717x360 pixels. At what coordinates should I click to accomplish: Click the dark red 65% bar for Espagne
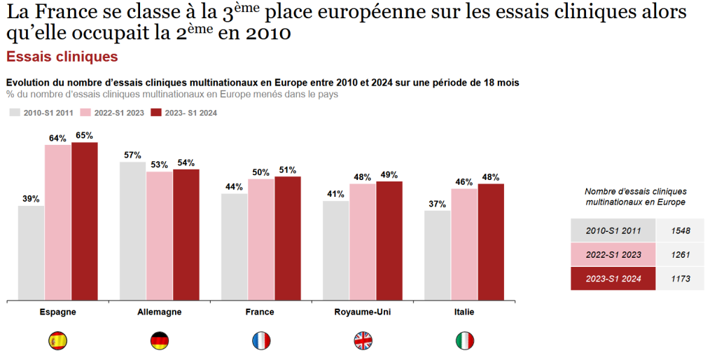(85, 221)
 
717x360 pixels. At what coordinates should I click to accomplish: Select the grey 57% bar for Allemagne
(133, 231)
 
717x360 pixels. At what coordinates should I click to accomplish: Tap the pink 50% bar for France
(261, 239)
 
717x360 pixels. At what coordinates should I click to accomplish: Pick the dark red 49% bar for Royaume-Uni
(389, 240)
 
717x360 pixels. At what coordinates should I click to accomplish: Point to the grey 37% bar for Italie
(438, 255)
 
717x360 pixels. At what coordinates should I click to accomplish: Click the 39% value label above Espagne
(31, 199)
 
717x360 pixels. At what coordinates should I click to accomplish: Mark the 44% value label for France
(234, 187)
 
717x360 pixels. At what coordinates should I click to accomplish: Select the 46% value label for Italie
(464, 182)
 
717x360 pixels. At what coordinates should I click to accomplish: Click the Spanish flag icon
(57, 341)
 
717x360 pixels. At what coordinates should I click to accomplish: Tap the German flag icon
(160, 341)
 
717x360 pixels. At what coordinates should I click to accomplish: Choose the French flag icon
(261, 341)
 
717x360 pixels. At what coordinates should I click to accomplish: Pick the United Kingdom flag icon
(363, 341)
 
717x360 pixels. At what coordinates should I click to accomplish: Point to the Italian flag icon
(464, 341)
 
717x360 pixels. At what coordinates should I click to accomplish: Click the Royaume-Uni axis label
(363, 312)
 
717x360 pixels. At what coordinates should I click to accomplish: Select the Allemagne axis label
(160, 312)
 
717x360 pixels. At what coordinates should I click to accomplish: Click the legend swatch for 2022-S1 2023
(86, 112)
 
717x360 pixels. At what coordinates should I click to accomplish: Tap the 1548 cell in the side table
(680, 230)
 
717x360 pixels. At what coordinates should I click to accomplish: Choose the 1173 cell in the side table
(680, 278)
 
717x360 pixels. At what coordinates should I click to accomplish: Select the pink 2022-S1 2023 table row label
(613, 254)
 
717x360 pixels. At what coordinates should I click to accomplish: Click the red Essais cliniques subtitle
(62, 56)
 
